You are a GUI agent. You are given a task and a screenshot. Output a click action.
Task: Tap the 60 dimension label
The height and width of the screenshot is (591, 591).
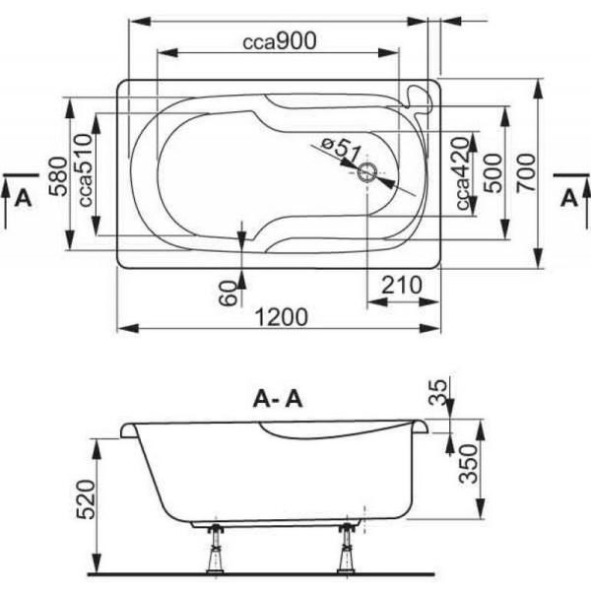coord(228,292)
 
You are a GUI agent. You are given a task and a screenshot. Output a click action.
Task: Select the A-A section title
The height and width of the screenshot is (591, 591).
coord(279,399)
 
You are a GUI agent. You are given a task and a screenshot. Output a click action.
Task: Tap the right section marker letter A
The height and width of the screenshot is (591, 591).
coord(568,197)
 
